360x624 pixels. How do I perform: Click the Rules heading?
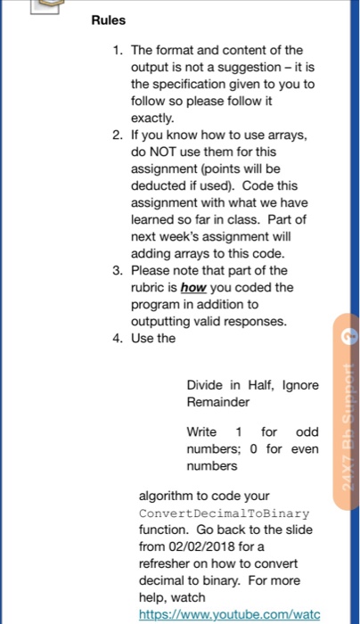[108, 20]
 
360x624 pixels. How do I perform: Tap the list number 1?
[118, 49]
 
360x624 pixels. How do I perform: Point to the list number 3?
[118, 270]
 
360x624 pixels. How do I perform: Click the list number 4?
[118, 338]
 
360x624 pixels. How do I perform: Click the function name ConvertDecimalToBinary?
[224, 513]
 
